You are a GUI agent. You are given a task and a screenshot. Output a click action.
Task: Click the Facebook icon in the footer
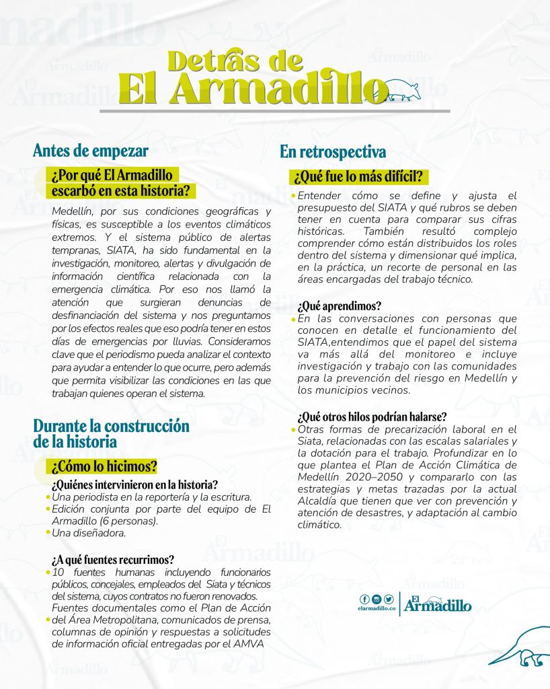click(x=364, y=599)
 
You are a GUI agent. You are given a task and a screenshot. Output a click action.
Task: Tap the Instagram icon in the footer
click(x=376, y=599)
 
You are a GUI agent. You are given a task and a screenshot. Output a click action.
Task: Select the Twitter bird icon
click(x=388, y=599)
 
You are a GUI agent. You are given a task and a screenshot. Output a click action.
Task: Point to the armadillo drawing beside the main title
click(x=402, y=89)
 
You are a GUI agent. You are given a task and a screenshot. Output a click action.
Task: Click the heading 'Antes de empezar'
click(x=90, y=150)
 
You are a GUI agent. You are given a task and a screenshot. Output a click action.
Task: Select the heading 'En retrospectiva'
click(x=333, y=152)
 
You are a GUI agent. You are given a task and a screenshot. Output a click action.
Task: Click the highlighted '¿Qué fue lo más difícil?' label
click(x=359, y=177)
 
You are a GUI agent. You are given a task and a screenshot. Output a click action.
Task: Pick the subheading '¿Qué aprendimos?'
click(x=331, y=305)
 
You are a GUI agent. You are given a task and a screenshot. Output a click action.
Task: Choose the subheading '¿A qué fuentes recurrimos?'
click(x=113, y=559)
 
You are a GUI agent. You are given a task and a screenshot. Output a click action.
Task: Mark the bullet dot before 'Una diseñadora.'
click(x=48, y=533)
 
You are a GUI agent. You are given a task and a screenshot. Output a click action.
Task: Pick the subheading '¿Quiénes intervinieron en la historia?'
click(x=134, y=484)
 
